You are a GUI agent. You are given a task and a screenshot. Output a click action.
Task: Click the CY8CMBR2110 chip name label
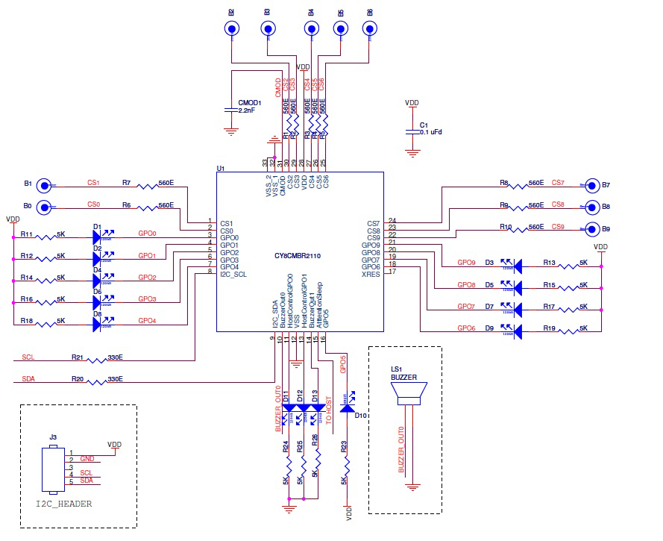300,256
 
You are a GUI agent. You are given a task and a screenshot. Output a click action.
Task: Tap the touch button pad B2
232,29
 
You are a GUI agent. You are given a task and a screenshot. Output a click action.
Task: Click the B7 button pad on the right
593,185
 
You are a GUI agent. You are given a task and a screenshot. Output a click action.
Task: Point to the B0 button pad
45,207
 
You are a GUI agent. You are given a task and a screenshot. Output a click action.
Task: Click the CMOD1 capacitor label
249,102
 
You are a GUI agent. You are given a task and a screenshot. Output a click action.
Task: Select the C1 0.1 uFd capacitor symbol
411,131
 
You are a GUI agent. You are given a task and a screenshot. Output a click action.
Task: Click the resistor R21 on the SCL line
98,360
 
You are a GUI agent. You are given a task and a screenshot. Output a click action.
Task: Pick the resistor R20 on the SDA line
98,381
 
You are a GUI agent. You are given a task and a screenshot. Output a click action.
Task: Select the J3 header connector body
51,469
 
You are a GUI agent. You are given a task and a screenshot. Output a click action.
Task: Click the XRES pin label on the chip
371,274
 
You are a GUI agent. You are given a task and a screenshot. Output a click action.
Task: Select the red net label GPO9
466,263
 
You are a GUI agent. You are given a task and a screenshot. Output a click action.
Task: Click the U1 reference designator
221,169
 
